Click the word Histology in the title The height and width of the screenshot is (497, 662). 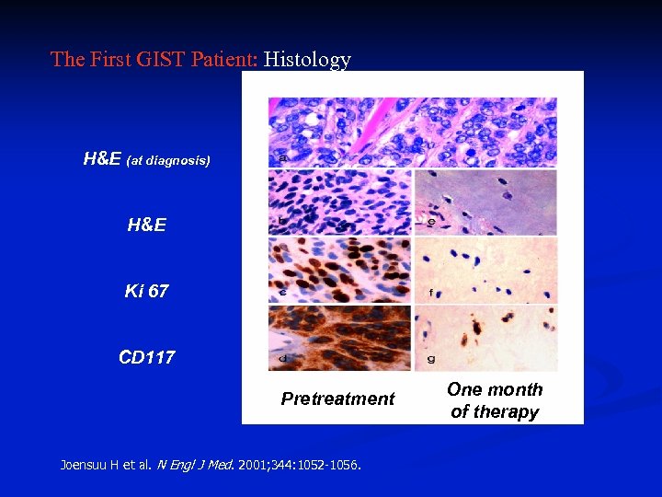pyautogui.click(x=307, y=60)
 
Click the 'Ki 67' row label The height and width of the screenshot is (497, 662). pyautogui.click(x=146, y=292)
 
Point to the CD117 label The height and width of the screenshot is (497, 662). pyautogui.click(x=146, y=357)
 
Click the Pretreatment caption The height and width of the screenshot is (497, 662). pyautogui.click(x=337, y=399)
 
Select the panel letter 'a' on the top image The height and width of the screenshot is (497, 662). pyautogui.click(x=280, y=158)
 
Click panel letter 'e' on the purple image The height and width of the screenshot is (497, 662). pyautogui.click(x=430, y=221)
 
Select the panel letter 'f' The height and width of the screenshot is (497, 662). pyautogui.click(x=430, y=294)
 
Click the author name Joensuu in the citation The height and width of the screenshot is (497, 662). pyautogui.click(x=88, y=465)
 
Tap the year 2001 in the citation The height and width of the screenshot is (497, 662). pyautogui.click(x=250, y=465)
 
